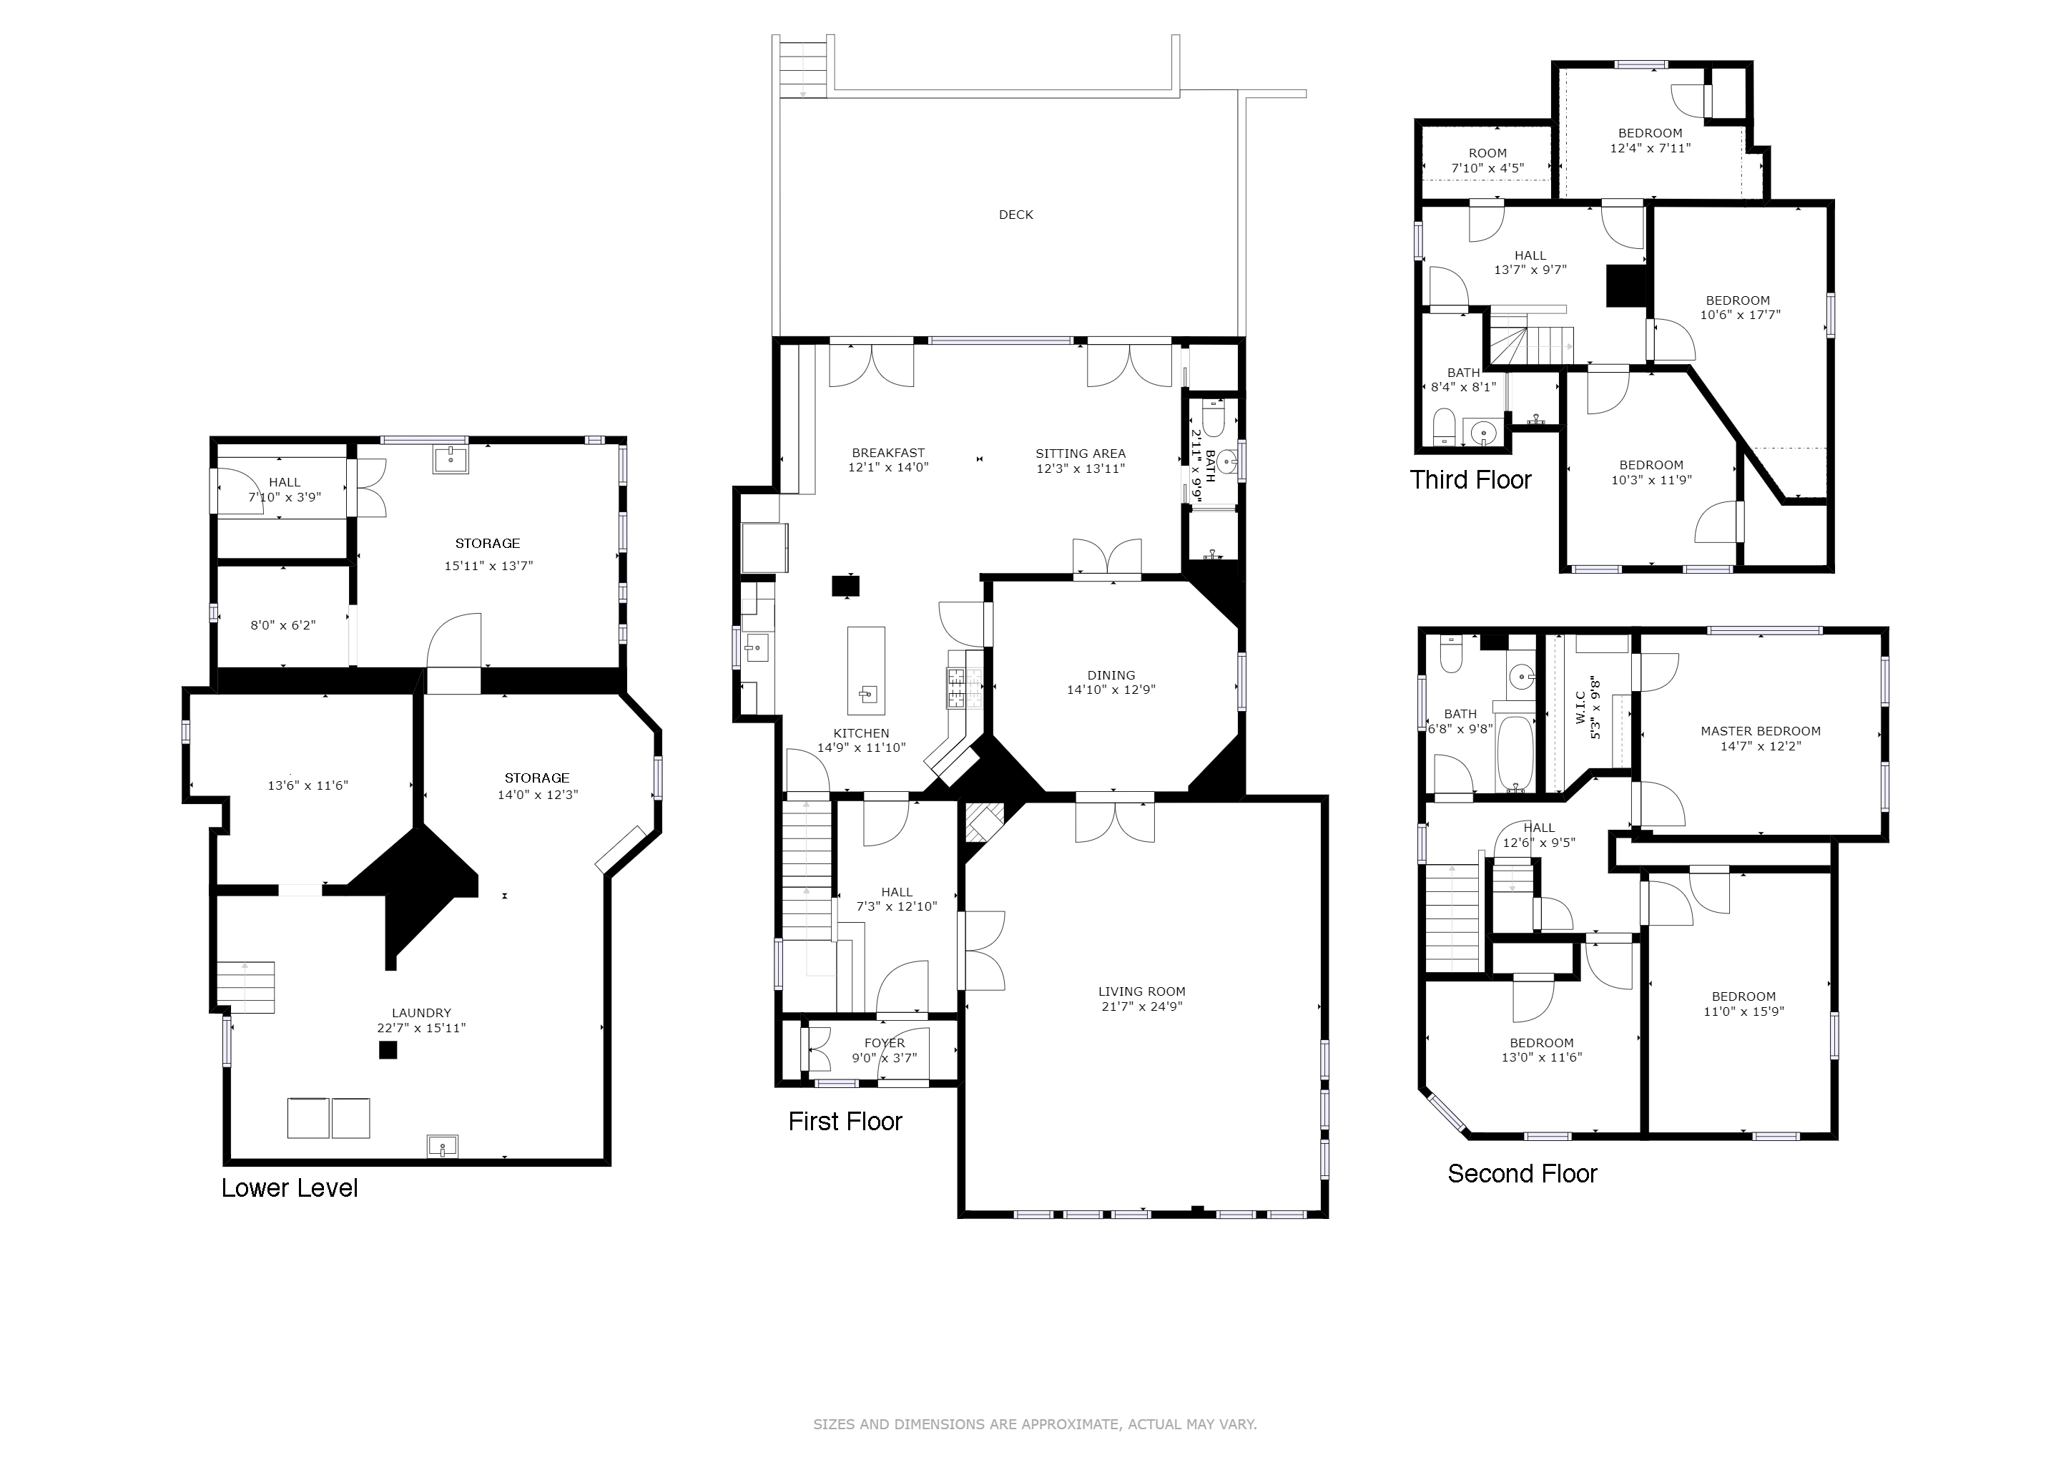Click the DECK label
(1015, 215)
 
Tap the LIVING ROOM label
(1142, 991)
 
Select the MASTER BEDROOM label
(1761, 730)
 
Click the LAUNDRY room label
(421, 1013)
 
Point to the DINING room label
(1111, 675)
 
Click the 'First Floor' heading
(845, 1122)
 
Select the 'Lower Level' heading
(290, 1188)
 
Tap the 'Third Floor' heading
(1470, 479)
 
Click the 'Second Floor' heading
(1522, 1174)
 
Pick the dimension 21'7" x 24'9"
(1142, 1006)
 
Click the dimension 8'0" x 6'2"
(283, 624)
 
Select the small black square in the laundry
(388, 1050)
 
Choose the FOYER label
(885, 1043)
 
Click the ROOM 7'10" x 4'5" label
(1487, 160)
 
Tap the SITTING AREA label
(1081, 454)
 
